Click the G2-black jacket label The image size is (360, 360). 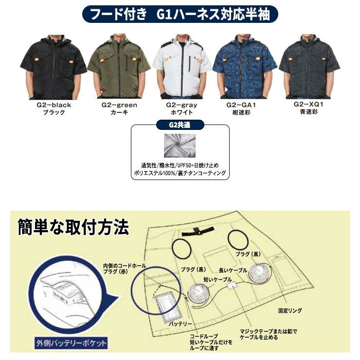[x=54, y=105]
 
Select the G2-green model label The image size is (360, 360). [x=119, y=105]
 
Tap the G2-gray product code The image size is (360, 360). [x=181, y=105]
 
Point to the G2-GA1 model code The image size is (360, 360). [x=241, y=105]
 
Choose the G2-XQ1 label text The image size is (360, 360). [x=308, y=104]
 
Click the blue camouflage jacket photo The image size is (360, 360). [x=245, y=67]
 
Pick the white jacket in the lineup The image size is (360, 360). [x=182, y=67]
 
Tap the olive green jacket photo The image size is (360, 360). [x=119, y=67]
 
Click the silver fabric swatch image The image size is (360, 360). [x=180, y=146]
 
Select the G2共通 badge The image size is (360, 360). [x=180, y=125]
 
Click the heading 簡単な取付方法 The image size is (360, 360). [x=73, y=227]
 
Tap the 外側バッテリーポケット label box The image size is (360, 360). [x=71, y=343]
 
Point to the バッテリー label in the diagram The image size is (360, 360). [x=180, y=324]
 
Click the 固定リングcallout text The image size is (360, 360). [x=290, y=311]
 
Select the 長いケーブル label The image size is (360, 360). [x=233, y=270]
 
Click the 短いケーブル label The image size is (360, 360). [x=217, y=279]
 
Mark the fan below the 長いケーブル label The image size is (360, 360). [x=260, y=273]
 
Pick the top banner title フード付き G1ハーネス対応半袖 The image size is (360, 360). [x=180, y=14]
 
